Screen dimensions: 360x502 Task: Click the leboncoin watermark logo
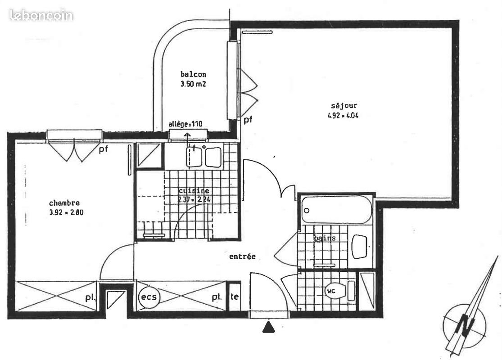[x=41, y=15]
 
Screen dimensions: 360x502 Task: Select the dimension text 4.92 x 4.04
[x=343, y=115]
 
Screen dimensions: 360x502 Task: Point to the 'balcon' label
[x=193, y=75]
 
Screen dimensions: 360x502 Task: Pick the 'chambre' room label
[x=64, y=203]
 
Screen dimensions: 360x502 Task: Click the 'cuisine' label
[x=194, y=191]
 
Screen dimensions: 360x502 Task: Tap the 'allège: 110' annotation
[x=186, y=124]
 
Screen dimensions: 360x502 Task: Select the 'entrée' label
[x=242, y=256]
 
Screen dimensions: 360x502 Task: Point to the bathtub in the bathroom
[x=336, y=210]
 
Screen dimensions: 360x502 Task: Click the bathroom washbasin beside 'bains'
[x=360, y=247]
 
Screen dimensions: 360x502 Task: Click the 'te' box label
[x=235, y=297]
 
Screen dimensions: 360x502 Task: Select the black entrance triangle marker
[x=269, y=327]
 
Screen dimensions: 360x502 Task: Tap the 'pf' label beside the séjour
[x=248, y=121]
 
